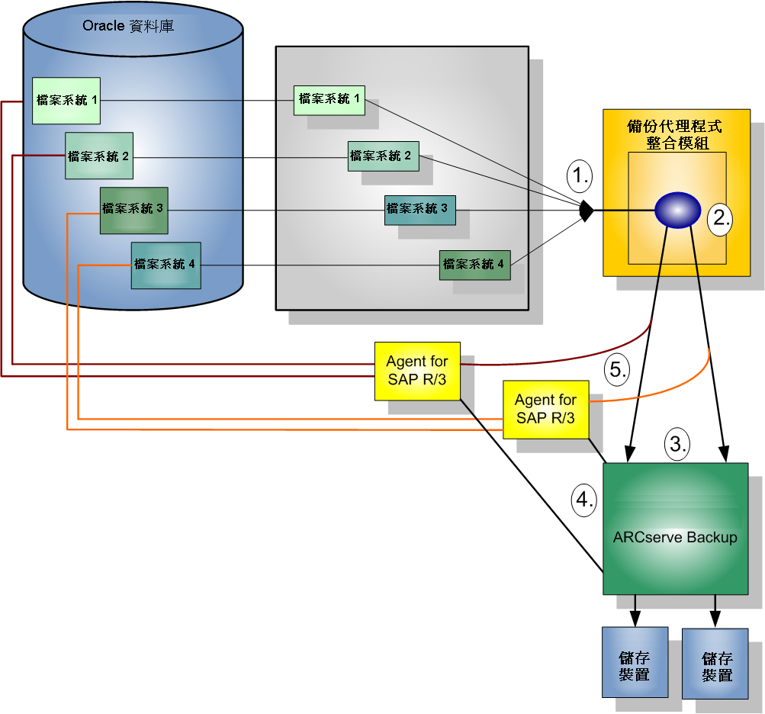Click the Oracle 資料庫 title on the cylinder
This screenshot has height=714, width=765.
pyautogui.click(x=127, y=27)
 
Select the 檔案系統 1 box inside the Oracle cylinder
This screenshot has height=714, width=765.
pyautogui.click(x=66, y=100)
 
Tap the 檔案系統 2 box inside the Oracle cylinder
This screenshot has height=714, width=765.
pyautogui.click(x=99, y=156)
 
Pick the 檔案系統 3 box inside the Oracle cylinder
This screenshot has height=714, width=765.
pyautogui.click(x=133, y=209)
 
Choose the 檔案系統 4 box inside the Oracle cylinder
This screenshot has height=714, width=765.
pyautogui.click(x=166, y=265)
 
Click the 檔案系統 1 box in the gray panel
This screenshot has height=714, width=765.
pyautogui.click(x=329, y=100)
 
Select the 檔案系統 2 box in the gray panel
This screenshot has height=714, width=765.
pyautogui.click(x=381, y=156)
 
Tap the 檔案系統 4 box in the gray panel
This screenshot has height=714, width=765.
pyautogui.click(x=474, y=265)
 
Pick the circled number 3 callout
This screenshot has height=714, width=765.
pyautogui.click(x=677, y=442)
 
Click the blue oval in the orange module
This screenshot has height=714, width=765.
pyautogui.click(x=677, y=210)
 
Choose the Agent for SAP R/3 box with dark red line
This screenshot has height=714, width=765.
pyautogui.click(x=417, y=371)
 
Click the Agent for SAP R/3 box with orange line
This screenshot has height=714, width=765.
pyautogui.click(x=545, y=409)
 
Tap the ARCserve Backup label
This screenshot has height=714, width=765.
pyautogui.click(x=675, y=538)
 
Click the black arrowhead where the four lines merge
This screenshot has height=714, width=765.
pyautogui.click(x=585, y=211)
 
